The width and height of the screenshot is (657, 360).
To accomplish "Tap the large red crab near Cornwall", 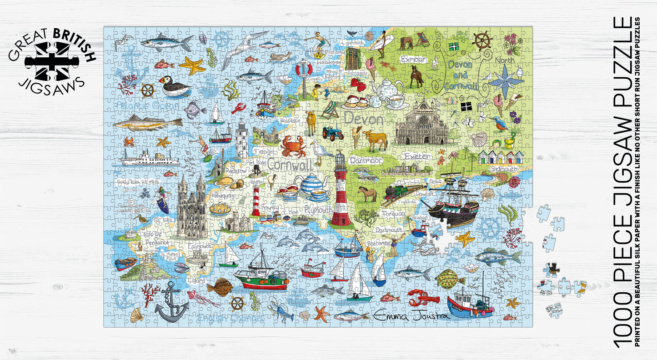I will tap(293, 146).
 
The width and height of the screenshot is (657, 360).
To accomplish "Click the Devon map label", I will tap(364, 120).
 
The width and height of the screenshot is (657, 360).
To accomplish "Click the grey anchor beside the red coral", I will tap(171, 303).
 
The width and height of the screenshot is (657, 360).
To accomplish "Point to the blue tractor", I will tap(333, 133).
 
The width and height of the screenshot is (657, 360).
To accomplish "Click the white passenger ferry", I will tap(149, 159).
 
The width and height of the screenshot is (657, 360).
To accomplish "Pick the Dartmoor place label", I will tap(366, 160).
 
